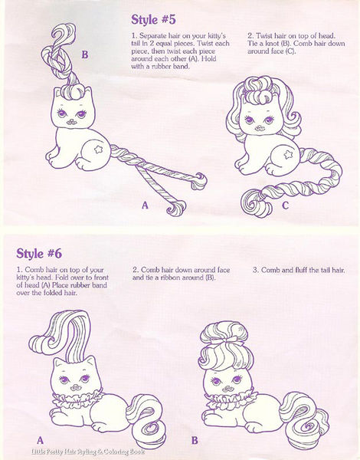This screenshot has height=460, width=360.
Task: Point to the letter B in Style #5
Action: coord(84,54)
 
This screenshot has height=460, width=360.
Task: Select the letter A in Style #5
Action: coord(143,205)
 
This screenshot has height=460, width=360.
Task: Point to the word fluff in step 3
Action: coord(306,270)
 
